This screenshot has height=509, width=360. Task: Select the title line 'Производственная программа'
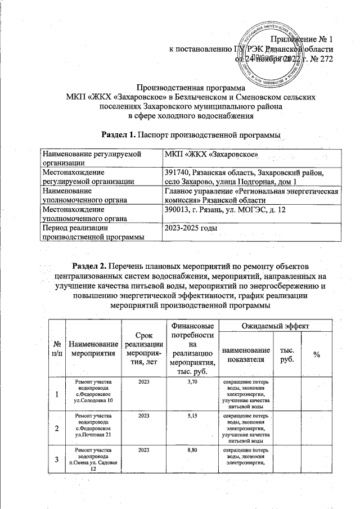[x=191, y=88]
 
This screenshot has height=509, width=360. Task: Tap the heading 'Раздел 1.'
[x=119, y=136]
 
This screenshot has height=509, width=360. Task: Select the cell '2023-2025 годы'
[x=191, y=228]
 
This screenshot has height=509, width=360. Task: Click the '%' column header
[x=317, y=353]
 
